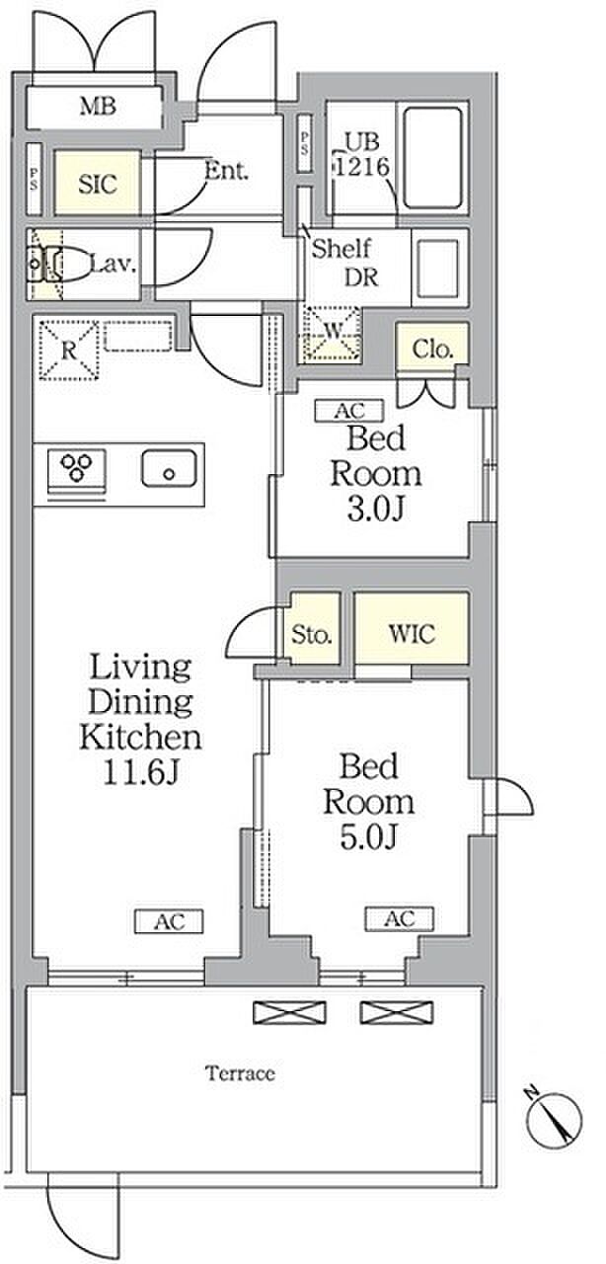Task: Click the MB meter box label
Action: [98, 106]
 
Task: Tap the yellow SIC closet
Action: [97, 183]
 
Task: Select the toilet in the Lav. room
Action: [58, 264]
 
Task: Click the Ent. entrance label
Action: [226, 170]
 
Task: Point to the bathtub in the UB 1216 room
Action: [433, 157]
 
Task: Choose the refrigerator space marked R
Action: [69, 350]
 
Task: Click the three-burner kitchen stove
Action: [77, 468]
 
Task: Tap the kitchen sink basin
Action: [169, 468]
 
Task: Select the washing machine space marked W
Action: [331, 334]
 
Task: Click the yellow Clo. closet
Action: [432, 343]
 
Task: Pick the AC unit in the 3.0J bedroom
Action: [349, 410]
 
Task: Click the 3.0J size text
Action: [375, 510]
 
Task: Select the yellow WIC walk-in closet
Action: [412, 628]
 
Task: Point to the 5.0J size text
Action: [369, 836]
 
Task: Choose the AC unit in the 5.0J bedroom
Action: [400, 918]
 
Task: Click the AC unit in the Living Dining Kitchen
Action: [169, 921]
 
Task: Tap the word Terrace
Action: [241, 1072]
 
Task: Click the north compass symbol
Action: [554, 1120]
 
